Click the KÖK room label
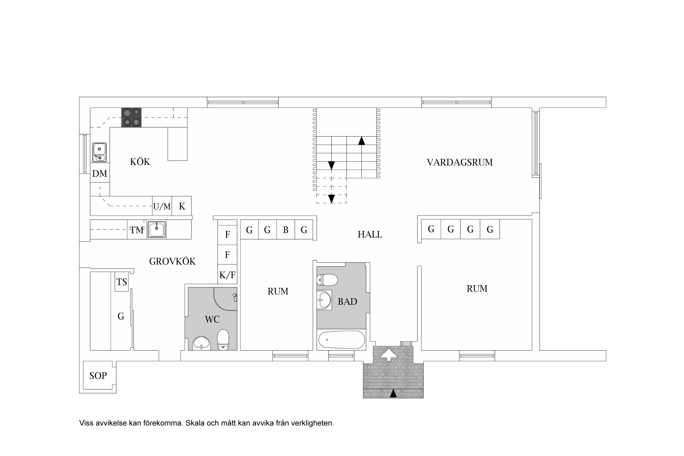pos(140,161)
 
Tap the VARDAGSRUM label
pos(460,162)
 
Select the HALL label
pos(370,234)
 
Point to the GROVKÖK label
pos(172,261)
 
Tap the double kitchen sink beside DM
pos(99,152)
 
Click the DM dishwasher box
pos(100,174)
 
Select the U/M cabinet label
pos(162,207)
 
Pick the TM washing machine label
pos(137,230)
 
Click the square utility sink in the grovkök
pos(157,229)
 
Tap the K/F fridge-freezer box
pos(227,275)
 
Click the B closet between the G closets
pos(285,230)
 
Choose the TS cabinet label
pos(122,282)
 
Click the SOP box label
pos(98,376)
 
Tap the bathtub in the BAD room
pos(341,340)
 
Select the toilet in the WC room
pos(223,340)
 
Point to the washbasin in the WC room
pos(201,343)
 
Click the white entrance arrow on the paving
pos(389,354)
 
